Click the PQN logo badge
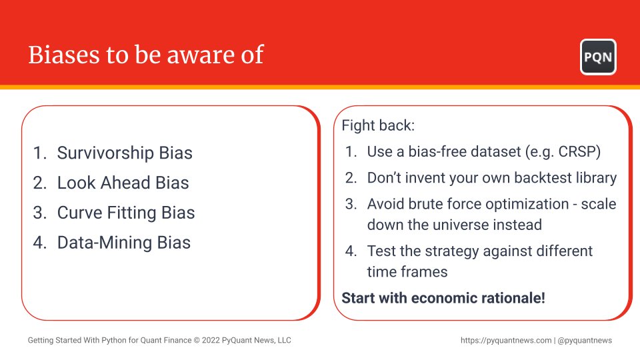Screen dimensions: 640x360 (598, 57)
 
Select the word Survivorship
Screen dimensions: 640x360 (105, 153)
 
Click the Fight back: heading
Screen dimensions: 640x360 (378, 125)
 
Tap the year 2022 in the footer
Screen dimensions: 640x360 (211, 341)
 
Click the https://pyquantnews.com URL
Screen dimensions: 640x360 (506, 341)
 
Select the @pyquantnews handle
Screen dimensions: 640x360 (585, 341)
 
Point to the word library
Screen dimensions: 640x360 (596, 179)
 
